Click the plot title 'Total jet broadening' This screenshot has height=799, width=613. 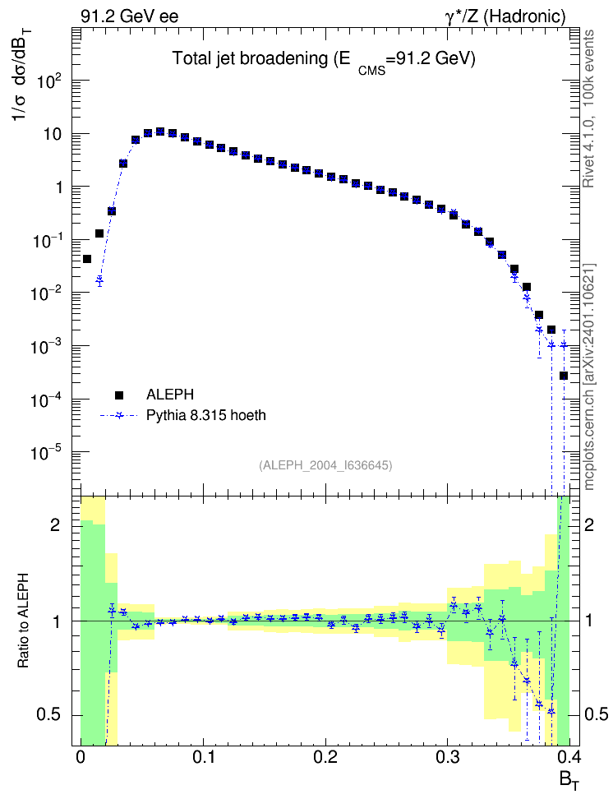[250, 58]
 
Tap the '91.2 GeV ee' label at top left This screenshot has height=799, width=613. [130, 16]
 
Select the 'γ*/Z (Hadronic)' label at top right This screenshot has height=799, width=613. [505, 16]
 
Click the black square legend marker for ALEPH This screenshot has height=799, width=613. [118, 395]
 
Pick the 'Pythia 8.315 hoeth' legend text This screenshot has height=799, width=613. [206, 415]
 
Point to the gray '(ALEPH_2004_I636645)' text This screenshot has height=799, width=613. [325, 465]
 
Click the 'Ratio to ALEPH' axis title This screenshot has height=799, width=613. [24, 621]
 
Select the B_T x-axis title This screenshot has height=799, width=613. [569, 779]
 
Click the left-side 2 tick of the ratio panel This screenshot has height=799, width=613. [54, 524]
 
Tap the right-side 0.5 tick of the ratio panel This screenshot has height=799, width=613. [597, 714]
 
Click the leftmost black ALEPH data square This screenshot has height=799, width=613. [87, 260]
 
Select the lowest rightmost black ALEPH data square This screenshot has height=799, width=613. [564, 376]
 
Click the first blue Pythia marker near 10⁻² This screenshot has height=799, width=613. [99, 280]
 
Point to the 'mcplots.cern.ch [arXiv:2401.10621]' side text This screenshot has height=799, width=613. [588, 377]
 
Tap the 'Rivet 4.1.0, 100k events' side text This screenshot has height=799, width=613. [588, 109]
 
